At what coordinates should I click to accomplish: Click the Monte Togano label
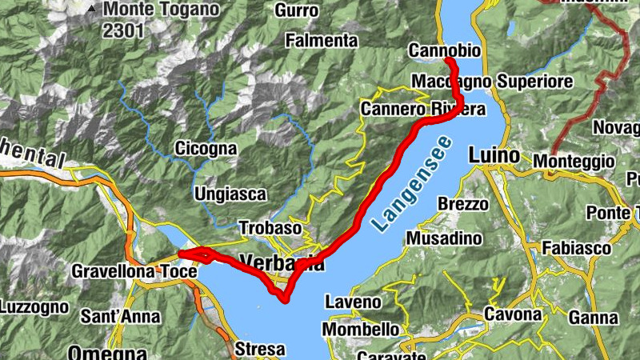161,10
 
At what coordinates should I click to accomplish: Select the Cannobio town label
445,50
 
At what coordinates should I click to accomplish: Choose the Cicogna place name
206,149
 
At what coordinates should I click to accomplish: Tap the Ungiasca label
230,194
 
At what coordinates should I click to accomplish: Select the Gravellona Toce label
134,271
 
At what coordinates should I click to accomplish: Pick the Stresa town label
260,349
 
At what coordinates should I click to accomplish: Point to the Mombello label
360,329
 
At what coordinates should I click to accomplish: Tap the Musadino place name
444,238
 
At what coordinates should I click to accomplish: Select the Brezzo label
462,203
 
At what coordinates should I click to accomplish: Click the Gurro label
296,10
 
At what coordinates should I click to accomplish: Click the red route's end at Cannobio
449,61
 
